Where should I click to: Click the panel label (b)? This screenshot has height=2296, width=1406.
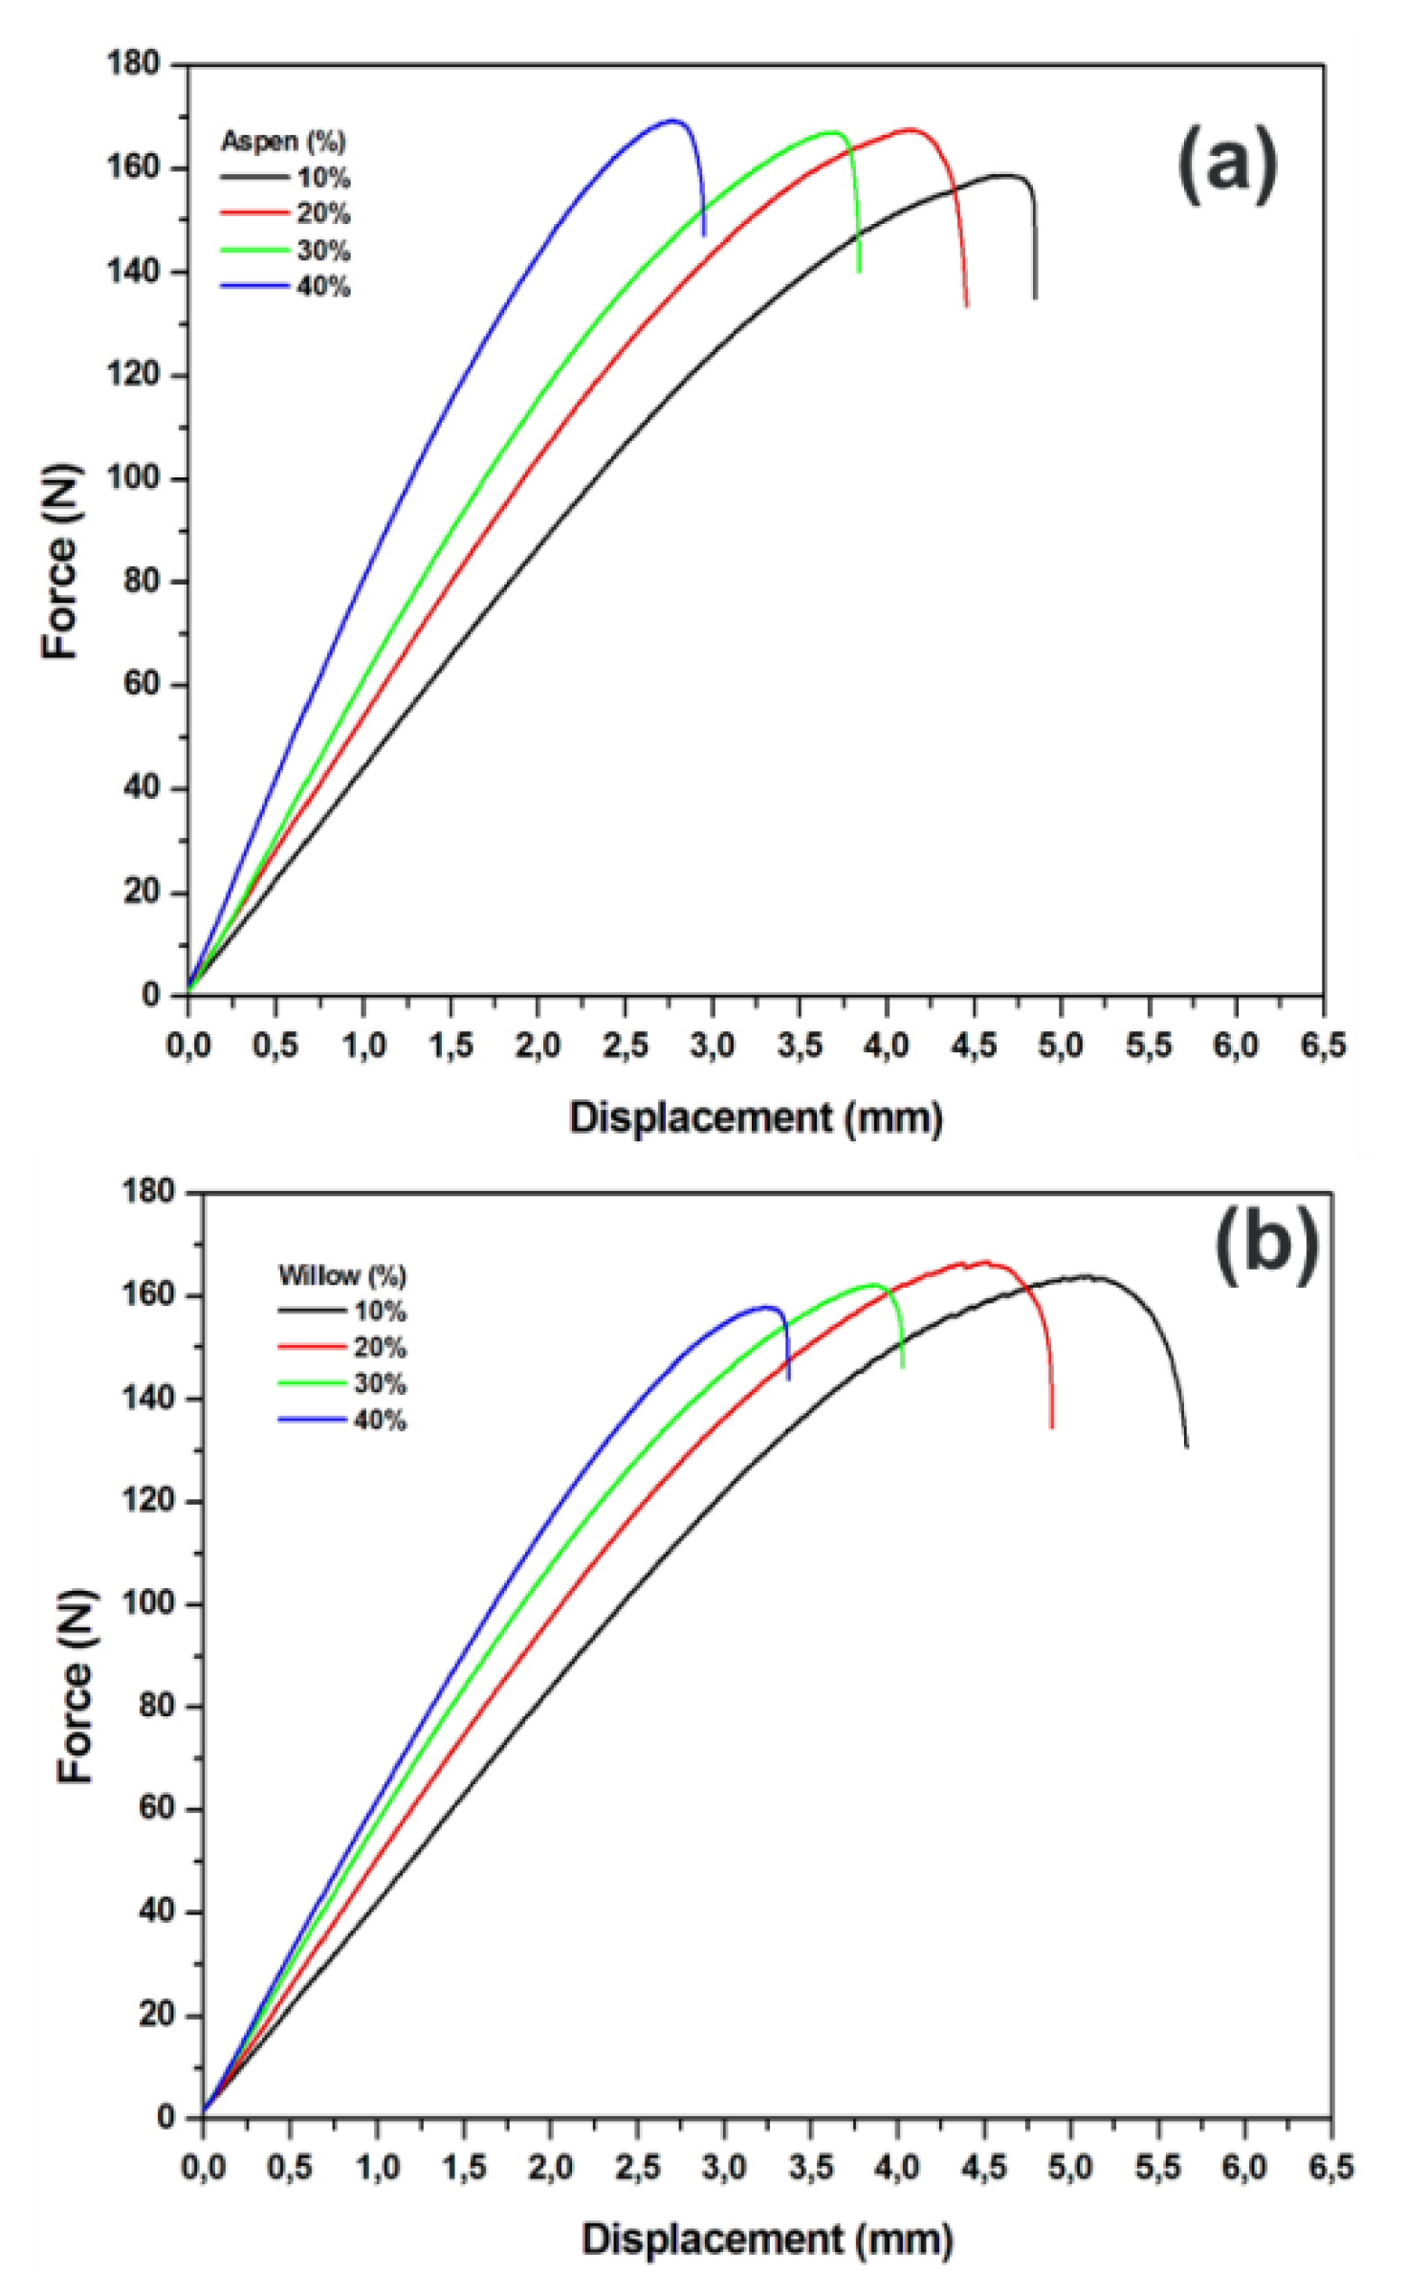coord(1266,1246)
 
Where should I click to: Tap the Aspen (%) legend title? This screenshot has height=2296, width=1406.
coord(283,142)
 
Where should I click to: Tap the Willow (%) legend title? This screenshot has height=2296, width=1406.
coord(341,1275)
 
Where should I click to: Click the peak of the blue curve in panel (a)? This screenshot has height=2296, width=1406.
coord(673,121)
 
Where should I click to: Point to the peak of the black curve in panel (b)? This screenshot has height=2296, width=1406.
coord(1086,1276)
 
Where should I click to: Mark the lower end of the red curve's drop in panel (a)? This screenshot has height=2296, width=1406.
coord(967,306)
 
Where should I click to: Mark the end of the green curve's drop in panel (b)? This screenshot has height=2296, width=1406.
coord(903,1368)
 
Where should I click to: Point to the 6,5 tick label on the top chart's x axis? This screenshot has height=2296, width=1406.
coord(1322,1046)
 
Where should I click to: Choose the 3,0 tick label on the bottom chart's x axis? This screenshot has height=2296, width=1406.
coord(723,2168)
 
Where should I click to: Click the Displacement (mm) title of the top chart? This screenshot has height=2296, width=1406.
coord(756,1117)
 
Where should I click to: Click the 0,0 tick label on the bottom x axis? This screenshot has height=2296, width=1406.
coord(203,2168)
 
